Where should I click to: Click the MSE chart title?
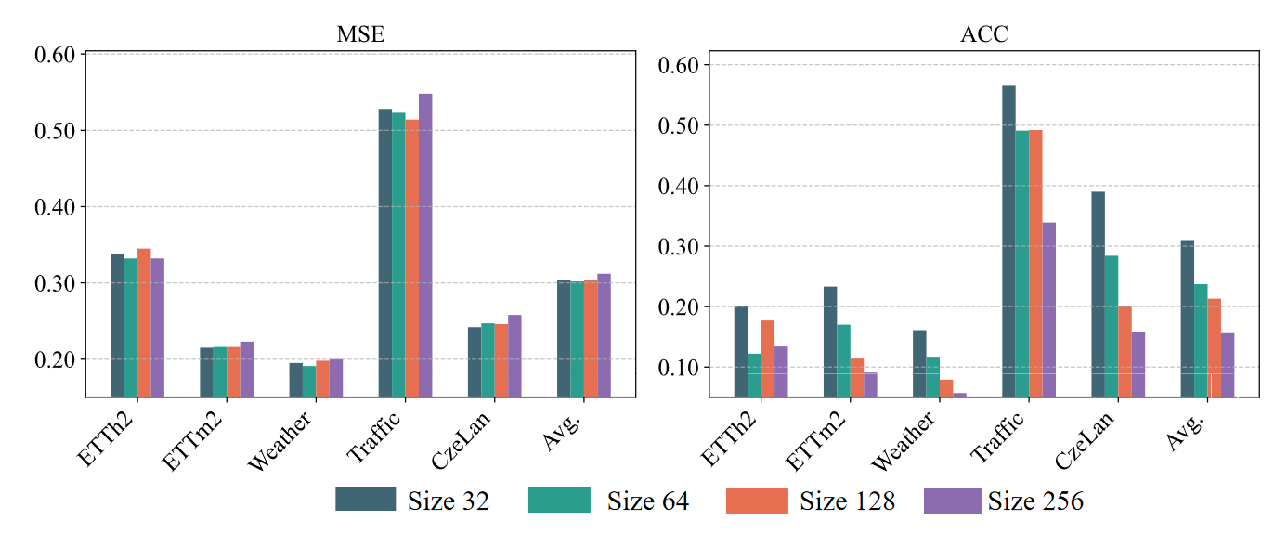(x=360, y=35)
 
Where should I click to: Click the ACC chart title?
(x=984, y=35)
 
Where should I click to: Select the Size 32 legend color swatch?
(x=365, y=501)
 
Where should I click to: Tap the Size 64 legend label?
(x=648, y=501)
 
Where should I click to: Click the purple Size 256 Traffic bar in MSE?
(x=425, y=245)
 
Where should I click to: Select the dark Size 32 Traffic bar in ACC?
(x=1008, y=241)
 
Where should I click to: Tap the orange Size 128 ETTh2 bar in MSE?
(x=144, y=322)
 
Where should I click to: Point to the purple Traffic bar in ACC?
(x=1048, y=309)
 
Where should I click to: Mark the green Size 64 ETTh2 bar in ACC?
(x=754, y=375)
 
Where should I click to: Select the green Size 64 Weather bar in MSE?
(x=309, y=381)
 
